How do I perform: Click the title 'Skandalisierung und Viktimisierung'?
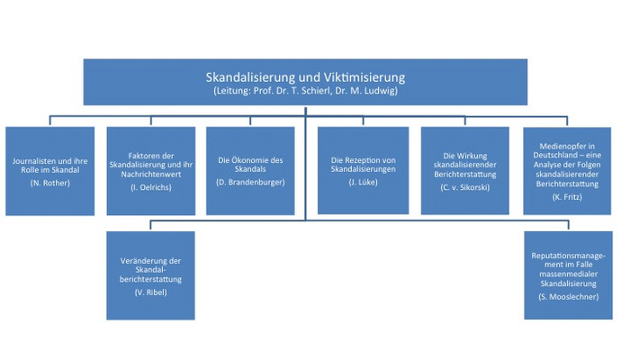[305, 76]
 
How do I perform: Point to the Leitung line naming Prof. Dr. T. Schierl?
[305, 91]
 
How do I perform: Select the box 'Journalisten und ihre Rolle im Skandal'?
[49, 171]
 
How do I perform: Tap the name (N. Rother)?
[49, 184]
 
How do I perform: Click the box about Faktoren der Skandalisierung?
[151, 171]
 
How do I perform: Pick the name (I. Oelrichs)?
[151, 187]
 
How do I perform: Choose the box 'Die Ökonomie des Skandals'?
[250, 171]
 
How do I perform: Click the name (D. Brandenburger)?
[250, 183]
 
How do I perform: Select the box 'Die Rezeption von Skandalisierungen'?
[364, 171]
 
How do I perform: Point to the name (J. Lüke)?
[364, 183]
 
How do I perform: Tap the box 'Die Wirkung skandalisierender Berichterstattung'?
[465, 171]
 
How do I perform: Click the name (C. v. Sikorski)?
[465, 187]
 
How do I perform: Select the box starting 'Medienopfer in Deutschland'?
[567, 171]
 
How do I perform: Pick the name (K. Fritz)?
[567, 197]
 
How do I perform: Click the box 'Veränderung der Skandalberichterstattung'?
[150, 275]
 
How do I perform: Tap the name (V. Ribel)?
[150, 292]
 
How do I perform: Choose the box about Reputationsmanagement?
[568, 275]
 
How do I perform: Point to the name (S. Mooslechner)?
[568, 297]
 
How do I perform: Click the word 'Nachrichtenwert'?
[151, 175]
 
